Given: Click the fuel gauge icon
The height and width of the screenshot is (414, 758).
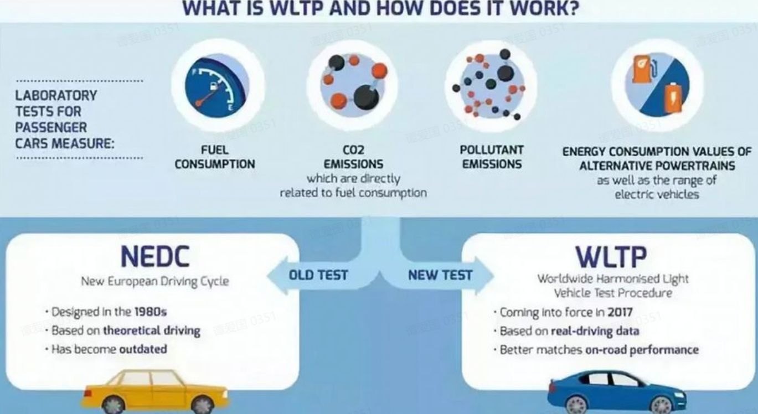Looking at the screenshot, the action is (217, 86).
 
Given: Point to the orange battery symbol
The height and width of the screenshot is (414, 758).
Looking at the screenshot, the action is (673, 98).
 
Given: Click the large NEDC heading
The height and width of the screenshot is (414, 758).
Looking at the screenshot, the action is (155, 257).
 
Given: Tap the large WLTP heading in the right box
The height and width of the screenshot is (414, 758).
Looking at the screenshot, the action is (611, 257).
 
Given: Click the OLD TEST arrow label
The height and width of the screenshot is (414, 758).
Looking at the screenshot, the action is (318, 275).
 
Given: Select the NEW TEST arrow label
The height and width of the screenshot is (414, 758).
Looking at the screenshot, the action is (440, 275).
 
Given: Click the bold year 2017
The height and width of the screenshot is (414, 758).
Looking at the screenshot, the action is (620, 312).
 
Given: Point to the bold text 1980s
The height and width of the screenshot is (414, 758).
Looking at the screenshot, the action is (151, 312).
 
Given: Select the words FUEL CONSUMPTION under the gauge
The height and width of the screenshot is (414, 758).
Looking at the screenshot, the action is (214, 157).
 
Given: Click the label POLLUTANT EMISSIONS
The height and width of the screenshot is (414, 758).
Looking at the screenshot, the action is (492, 157).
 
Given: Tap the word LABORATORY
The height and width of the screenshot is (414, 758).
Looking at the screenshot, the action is (56, 95).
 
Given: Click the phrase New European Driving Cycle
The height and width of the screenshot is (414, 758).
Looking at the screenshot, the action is (155, 281).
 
